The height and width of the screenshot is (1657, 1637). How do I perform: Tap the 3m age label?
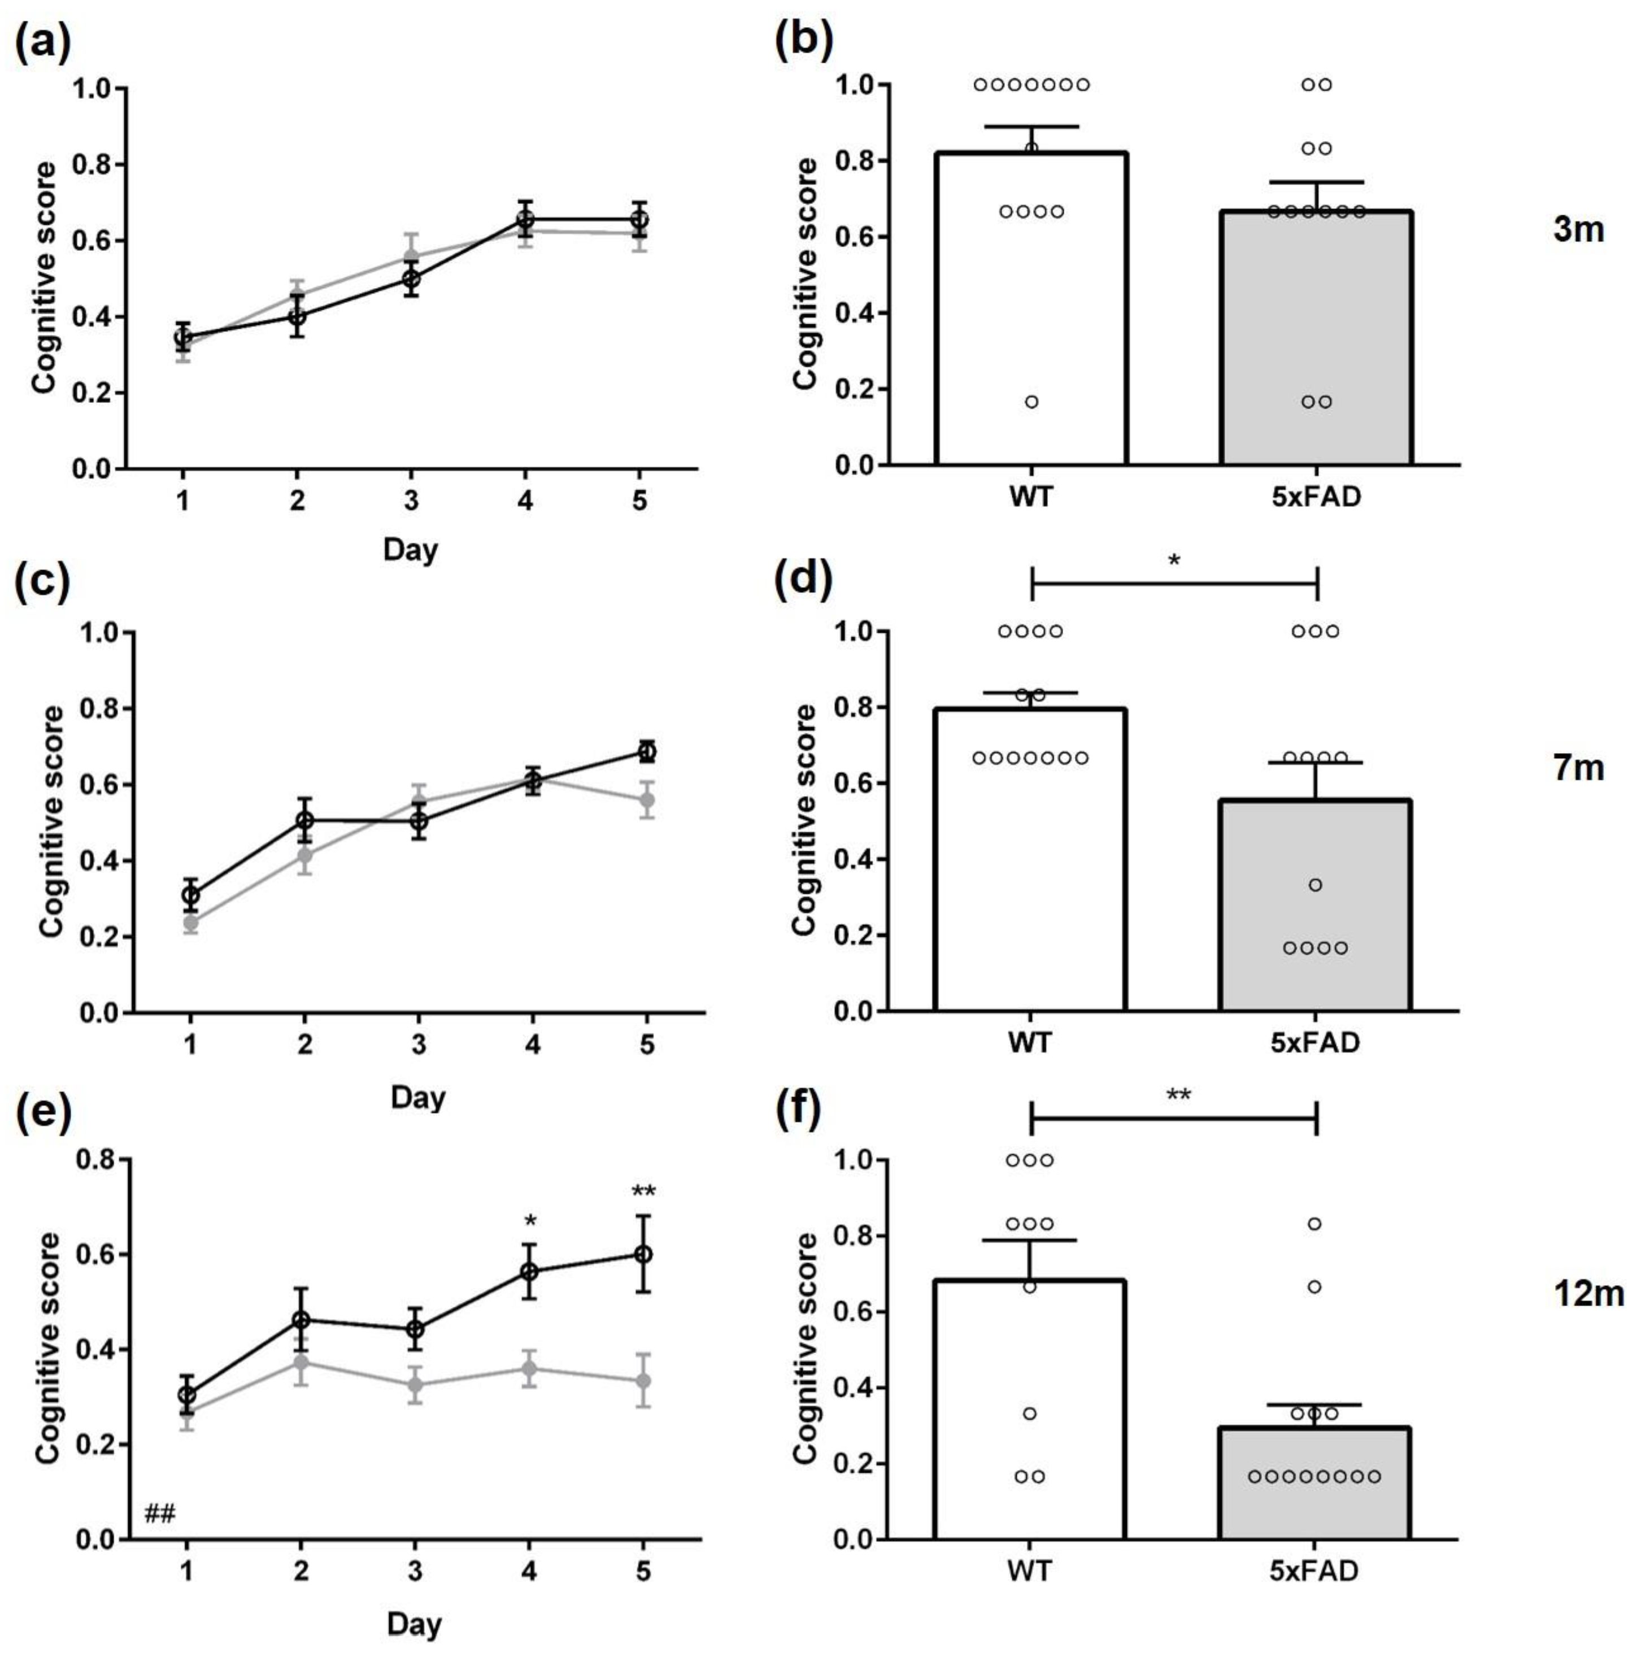(x=1577, y=230)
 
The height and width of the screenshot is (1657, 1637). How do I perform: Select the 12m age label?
(x=1587, y=1293)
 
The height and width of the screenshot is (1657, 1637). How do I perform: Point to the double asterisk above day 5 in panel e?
(x=643, y=1191)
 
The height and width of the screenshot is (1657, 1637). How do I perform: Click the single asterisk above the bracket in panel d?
(x=1174, y=562)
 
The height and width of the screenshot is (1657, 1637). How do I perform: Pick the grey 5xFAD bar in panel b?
(x=1316, y=343)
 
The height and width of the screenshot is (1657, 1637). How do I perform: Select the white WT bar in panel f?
(x=1030, y=1415)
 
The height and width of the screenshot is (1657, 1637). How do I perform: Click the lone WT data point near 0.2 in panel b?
(x=1031, y=401)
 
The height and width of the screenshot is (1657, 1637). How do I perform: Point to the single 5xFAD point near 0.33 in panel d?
(x=1316, y=884)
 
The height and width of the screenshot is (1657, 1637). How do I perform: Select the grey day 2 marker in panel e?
(x=301, y=1362)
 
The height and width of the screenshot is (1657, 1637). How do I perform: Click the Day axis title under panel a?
(x=410, y=549)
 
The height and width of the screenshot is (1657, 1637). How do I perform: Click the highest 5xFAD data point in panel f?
(x=1314, y=1224)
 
